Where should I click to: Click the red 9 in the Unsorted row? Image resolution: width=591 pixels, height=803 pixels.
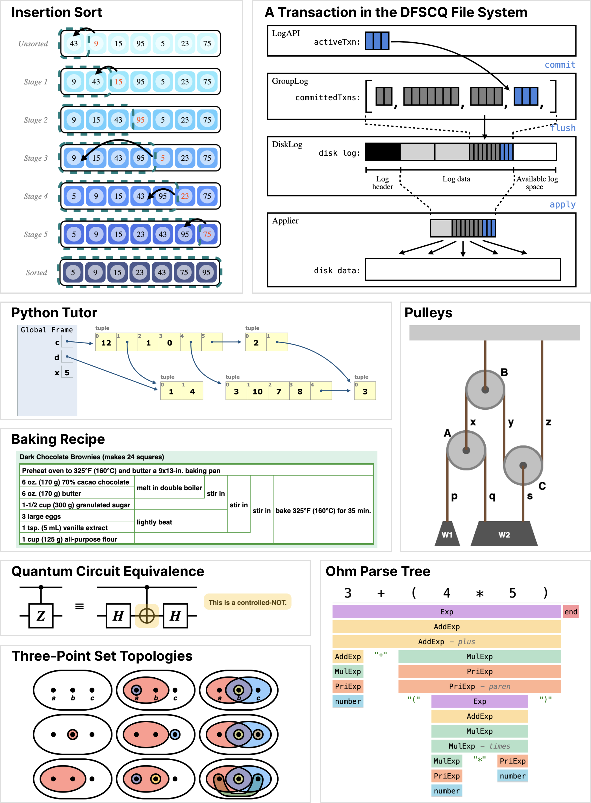(x=96, y=43)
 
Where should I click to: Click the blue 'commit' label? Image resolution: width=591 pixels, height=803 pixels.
(x=560, y=65)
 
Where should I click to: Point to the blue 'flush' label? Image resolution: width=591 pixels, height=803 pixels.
(x=563, y=128)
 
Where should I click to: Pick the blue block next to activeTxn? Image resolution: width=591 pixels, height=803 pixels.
(x=377, y=41)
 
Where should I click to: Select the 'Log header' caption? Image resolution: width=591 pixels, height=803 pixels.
(x=383, y=183)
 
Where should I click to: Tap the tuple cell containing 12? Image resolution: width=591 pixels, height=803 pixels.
(x=106, y=342)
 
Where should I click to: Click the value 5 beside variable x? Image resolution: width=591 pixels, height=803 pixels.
(x=67, y=372)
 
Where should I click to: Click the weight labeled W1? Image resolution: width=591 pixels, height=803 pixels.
(x=447, y=534)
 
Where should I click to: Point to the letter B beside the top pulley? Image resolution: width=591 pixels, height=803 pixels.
(x=504, y=372)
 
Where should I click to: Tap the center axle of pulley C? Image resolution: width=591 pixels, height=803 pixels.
(x=523, y=466)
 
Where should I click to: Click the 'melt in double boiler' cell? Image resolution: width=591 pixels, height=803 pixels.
(x=169, y=488)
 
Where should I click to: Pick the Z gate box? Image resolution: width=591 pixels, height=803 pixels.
(x=41, y=616)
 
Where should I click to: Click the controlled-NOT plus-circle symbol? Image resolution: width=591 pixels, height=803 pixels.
(x=147, y=616)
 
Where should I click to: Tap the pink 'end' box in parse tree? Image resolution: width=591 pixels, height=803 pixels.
(x=571, y=612)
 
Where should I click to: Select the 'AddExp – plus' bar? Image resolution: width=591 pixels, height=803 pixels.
(x=446, y=642)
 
